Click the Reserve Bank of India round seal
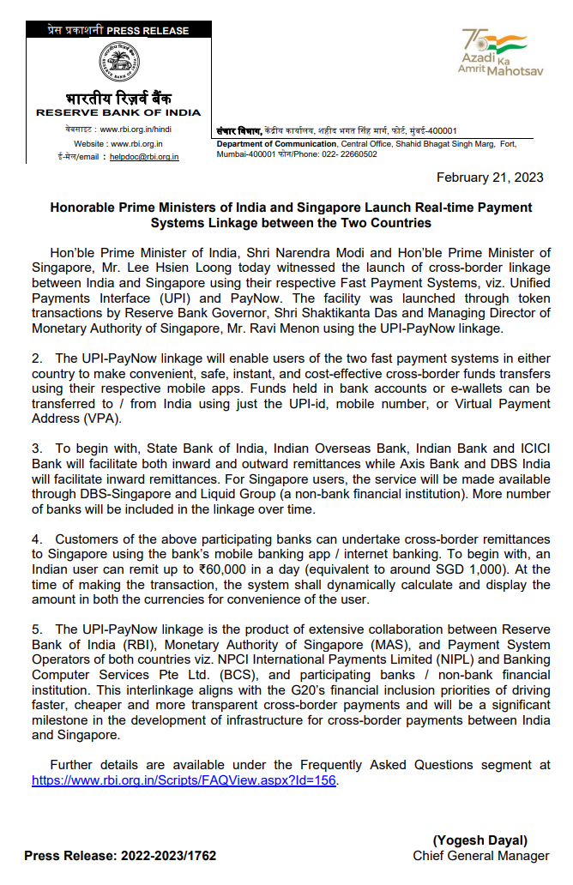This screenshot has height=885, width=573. [118, 63]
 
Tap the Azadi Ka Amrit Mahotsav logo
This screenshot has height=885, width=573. [502, 52]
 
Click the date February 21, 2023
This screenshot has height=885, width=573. [490, 178]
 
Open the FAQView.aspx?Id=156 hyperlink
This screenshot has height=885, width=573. [184, 780]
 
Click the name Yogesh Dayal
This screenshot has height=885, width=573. [480, 840]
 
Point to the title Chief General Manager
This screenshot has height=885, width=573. [480, 855]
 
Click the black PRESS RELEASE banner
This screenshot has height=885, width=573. [118, 31]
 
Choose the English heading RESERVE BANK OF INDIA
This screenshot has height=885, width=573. [118, 112]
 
